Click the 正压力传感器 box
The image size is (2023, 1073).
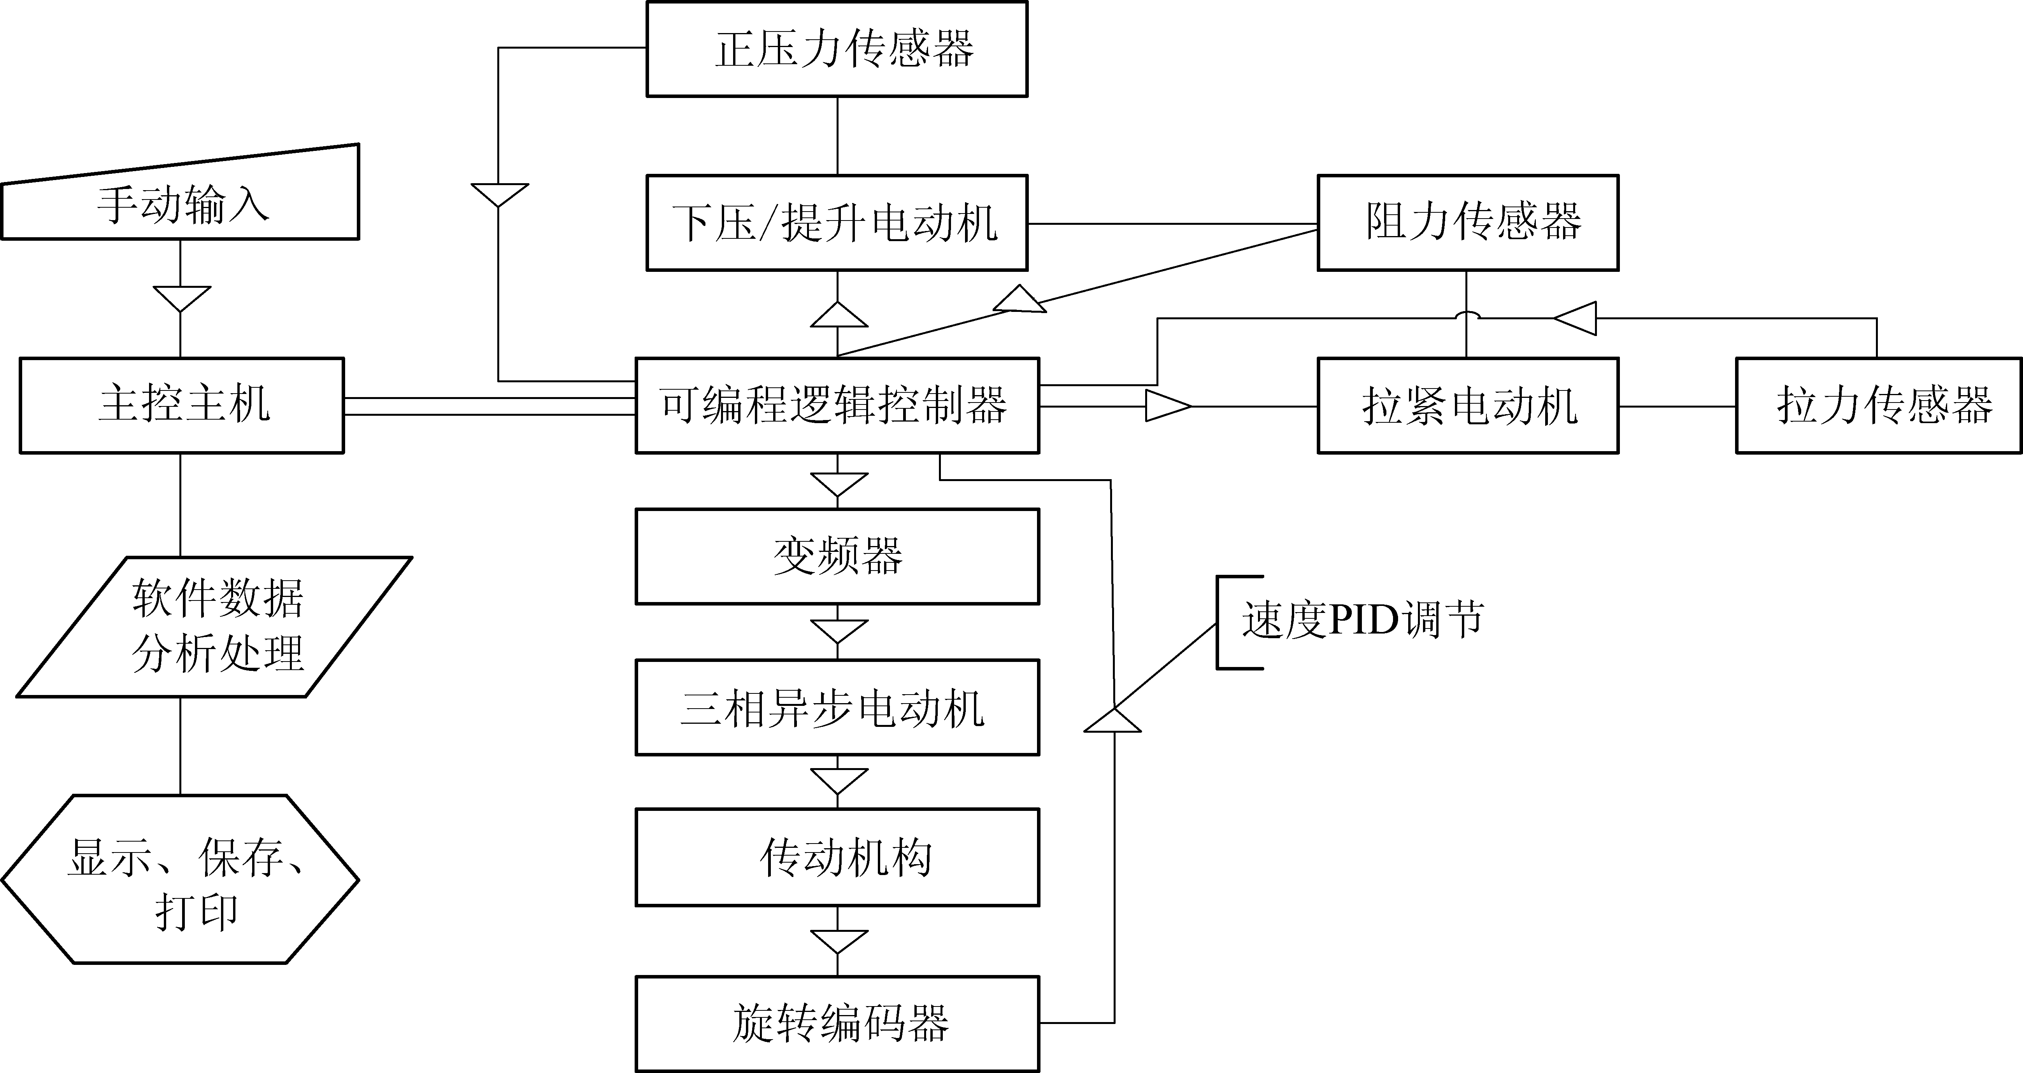pos(837,49)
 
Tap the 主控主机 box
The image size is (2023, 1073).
pos(181,405)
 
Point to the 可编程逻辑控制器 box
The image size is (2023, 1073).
pos(837,405)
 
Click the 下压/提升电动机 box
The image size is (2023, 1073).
pos(837,223)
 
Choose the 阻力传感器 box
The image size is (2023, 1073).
pos(1468,223)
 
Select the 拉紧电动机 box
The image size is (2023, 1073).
pos(1468,405)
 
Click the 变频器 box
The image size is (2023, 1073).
pos(837,556)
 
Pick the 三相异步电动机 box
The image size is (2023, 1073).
pos(837,707)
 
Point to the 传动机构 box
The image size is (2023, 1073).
pos(837,857)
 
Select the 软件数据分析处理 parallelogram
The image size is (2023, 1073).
pos(214,627)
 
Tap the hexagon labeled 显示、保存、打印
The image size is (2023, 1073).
pos(181,879)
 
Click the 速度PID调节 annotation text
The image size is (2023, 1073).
pos(1363,620)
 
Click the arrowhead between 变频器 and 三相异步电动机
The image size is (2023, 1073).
pos(839,630)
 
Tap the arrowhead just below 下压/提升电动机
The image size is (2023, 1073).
pos(839,315)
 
